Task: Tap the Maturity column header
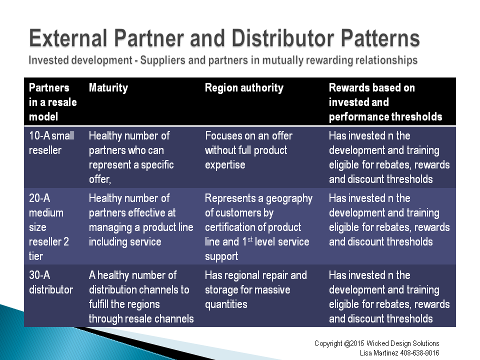tap(108, 88)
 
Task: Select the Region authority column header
tap(244, 88)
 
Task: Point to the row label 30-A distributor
tap(51, 282)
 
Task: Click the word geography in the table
tap(289, 198)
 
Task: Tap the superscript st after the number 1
tap(250, 239)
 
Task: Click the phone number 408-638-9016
tap(419, 353)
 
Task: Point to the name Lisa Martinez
tap(379, 353)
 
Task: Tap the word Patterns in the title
tap(380, 38)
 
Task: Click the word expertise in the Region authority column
tap(225, 165)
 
